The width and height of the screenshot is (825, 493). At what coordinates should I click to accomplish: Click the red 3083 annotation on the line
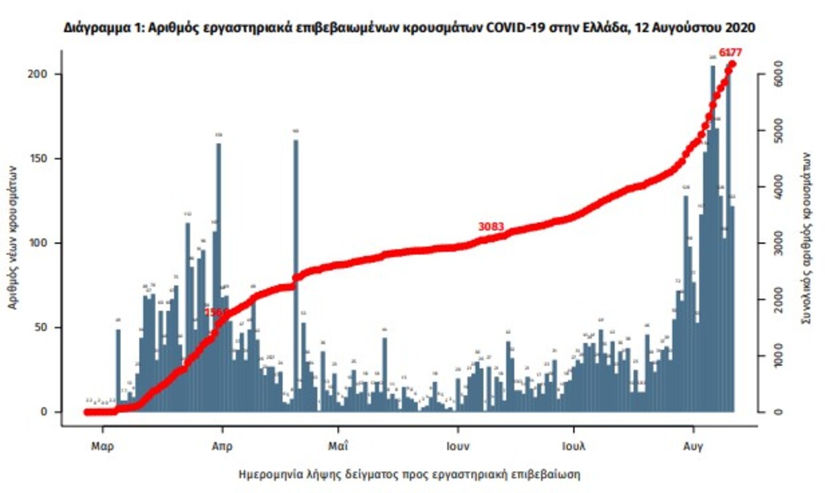tap(492, 226)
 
